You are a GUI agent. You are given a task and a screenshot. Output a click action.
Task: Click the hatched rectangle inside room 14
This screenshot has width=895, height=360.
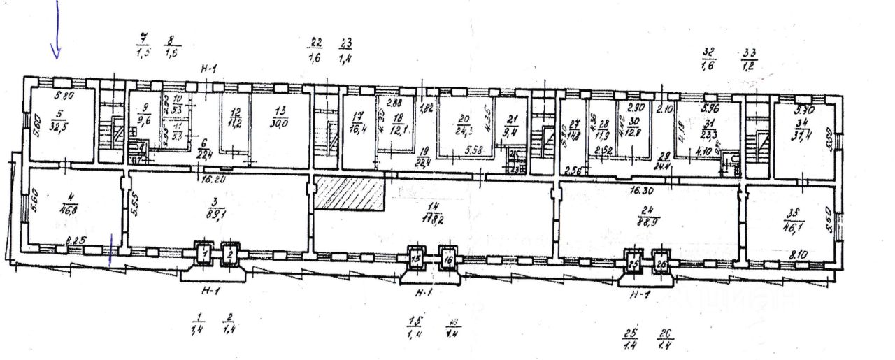coord(350,193)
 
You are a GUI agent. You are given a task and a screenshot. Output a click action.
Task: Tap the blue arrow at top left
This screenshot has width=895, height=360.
coord(57,31)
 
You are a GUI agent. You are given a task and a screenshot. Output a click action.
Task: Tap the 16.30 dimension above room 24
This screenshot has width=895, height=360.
coord(639,189)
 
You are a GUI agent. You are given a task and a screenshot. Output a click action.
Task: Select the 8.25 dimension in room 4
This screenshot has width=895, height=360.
coord(76,241)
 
